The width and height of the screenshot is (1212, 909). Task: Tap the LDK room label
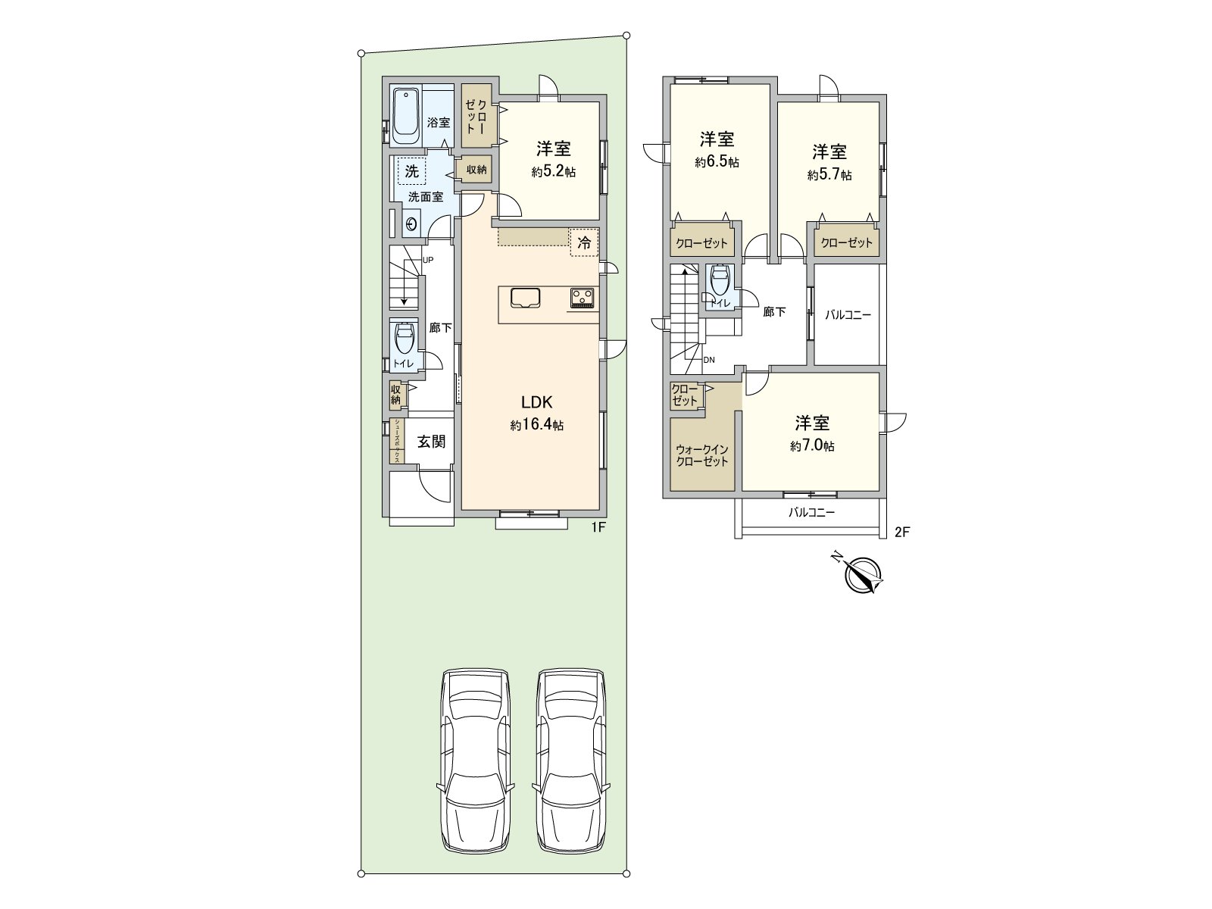[536, 402]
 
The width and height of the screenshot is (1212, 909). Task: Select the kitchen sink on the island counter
[525, 298]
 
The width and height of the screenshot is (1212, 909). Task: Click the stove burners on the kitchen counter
[583, 298]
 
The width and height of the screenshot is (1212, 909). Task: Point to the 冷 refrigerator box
[584, 243]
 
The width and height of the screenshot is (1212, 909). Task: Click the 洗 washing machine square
[411, 171]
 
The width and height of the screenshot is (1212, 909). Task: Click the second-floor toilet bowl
[717, 280]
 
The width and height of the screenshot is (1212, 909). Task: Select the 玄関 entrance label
[431, 441]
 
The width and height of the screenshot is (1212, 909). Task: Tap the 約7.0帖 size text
[812, 447]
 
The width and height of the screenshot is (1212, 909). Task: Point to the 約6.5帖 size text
[717, 162]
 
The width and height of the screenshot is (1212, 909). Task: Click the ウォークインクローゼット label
[702, 455]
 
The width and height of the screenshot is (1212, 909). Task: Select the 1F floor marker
[598, 529]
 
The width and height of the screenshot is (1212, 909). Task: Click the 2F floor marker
[901, 532]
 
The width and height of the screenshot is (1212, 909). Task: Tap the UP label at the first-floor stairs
[428, 260]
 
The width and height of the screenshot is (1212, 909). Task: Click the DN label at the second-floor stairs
[709, 360]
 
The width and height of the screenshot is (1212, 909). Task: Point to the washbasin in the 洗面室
[412, 224]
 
